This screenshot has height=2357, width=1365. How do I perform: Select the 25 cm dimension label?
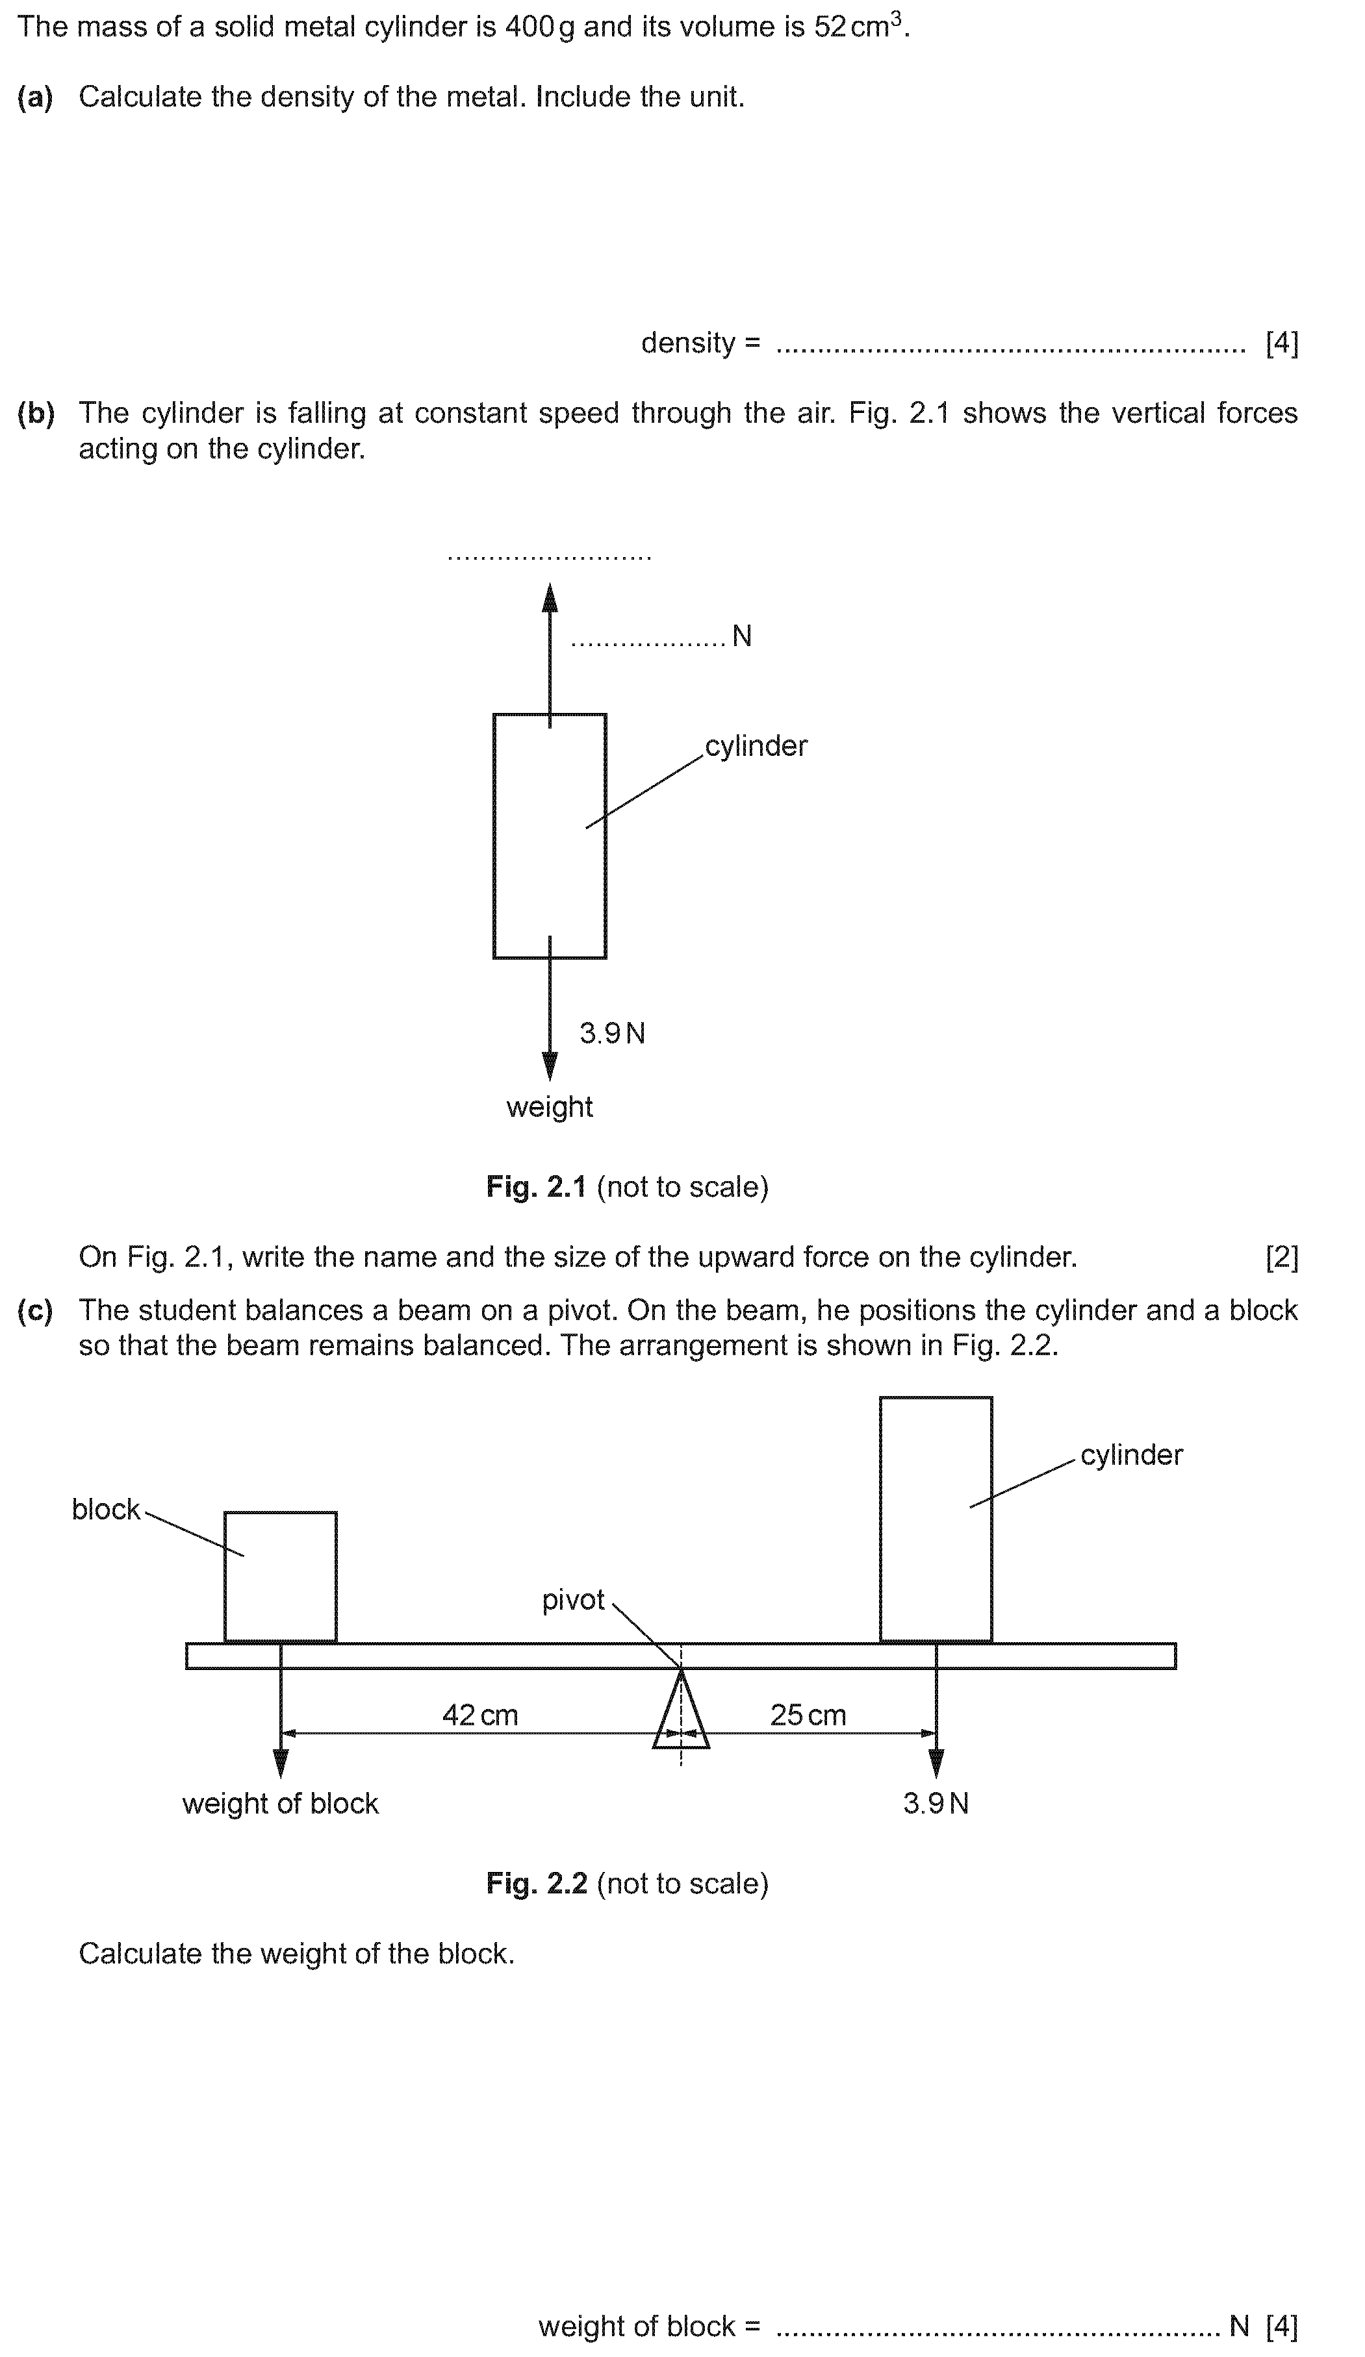[808, 1714]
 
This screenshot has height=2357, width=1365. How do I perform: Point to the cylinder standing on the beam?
[936, 1519]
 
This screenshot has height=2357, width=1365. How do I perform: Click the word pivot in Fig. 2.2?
[574, 1601]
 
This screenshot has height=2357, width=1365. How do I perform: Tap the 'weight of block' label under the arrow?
[281, 1803]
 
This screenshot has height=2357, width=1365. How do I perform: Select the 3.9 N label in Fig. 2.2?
[936, 1803]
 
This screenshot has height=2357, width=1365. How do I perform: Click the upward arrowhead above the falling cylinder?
[550, 597]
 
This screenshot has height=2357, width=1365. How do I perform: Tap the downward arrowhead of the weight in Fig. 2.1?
[550, 1066]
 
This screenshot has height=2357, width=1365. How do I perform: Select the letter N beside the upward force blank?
[742, 636]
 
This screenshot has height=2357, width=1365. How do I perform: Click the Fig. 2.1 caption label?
[627, 1186]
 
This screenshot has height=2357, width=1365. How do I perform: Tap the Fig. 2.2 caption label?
[627, 1883]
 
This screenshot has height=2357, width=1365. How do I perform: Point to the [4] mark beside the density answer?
[1282, 343]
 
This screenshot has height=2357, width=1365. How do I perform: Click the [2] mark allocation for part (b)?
[1282, 1257]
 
